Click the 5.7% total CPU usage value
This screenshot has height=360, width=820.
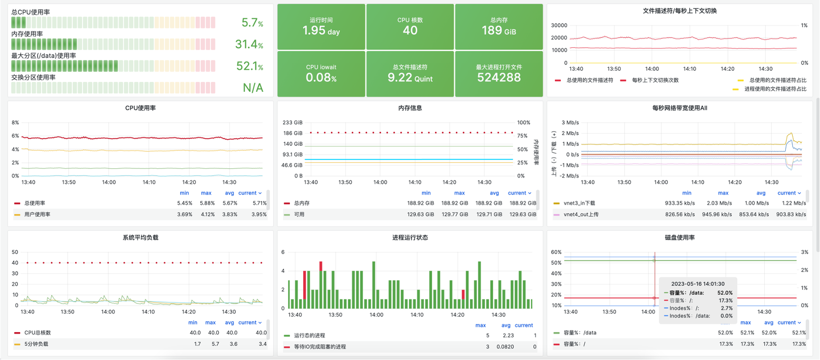click(252, 22)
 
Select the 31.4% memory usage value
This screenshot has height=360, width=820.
click(249, 44)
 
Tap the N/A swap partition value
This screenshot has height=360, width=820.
click(253, 88)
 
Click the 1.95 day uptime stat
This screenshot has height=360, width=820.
click(321, 30)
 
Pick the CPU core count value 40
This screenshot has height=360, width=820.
click(410, 30)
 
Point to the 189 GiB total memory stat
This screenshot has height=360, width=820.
click(498, 30)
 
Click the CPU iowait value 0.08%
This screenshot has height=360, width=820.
click(321, 77)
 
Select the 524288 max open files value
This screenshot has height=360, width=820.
click(498, 77)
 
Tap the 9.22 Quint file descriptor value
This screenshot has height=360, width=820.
click(410, 77)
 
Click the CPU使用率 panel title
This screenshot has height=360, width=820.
click(141, 108)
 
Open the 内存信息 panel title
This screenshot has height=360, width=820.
click(410, 108)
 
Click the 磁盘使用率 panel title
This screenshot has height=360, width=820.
click(679, 238)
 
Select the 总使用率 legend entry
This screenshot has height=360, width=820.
click(35, 203)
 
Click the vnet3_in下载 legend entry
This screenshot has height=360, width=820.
click(579, 203)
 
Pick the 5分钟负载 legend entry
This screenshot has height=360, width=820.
click(36, 344)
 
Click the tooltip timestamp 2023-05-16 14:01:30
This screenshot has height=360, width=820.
click(697, 283)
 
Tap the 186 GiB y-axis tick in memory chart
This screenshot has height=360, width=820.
click(292, 133)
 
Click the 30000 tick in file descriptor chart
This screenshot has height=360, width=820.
click(559, 25)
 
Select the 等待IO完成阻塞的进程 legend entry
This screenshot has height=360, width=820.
click(320, 347)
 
